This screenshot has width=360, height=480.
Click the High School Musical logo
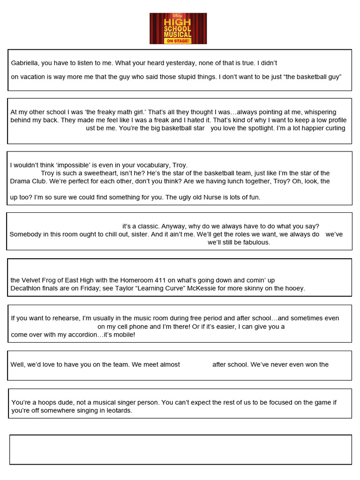(x=178, y=28)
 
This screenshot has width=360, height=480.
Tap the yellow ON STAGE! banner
(x=178, y=41)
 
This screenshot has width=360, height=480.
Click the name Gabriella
(x=26, y=63)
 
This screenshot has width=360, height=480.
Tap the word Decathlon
(x=26, y=288)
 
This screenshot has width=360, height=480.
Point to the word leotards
(x=117, y=411)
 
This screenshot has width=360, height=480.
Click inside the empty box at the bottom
(x=180, y=450)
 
